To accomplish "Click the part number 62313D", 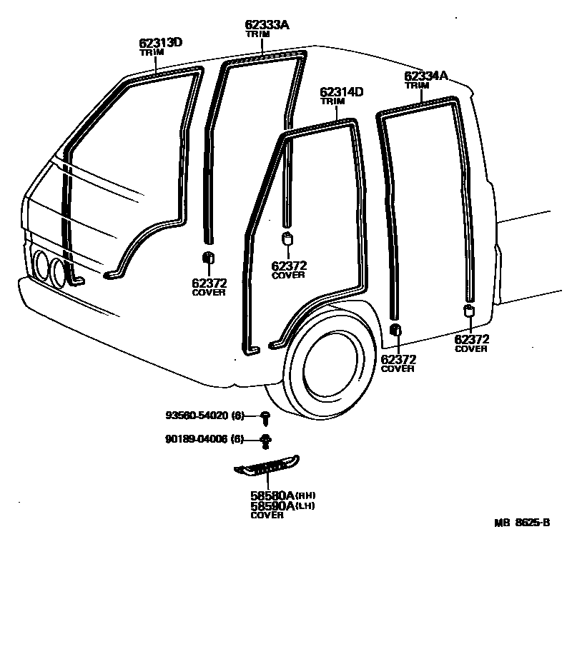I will [160, 43].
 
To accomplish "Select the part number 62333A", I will [267, 25].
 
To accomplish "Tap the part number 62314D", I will [342, 92].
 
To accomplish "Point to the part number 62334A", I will [426, 76].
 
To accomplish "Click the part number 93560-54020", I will [204, 416].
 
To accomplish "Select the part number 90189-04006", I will [204, 439].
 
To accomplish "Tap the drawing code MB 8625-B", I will [522, 522].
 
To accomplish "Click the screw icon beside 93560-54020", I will [265, 416].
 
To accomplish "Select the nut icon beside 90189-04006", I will [265, 440].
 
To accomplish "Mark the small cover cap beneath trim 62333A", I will [287, 238].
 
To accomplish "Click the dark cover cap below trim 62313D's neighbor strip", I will [208, 258].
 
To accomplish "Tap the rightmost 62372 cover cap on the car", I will [469, 311].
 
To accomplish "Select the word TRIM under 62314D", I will [332, 101].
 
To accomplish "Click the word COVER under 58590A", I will [267, 515].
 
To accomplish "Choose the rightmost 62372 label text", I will [472, 339].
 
